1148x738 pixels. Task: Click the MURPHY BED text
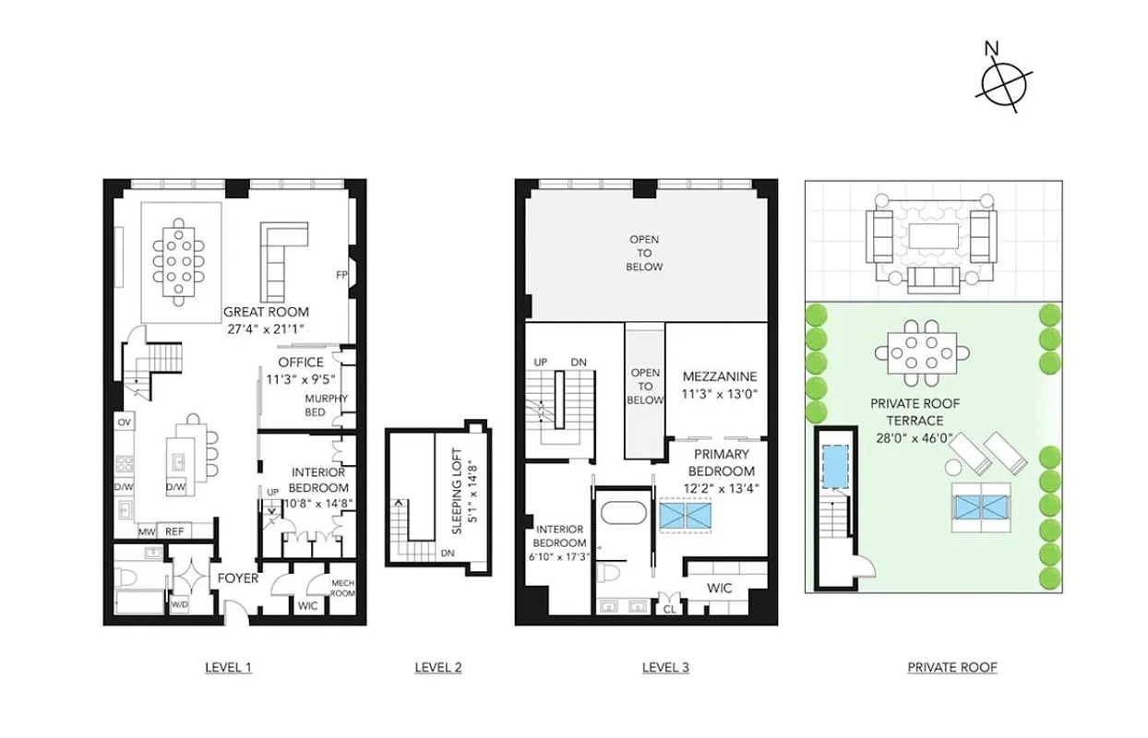(x=327, y=405)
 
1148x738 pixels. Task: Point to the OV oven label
(x=123, y=422)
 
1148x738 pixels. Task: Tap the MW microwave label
(x=146, y=531)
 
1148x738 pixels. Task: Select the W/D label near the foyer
(x=180, y=605)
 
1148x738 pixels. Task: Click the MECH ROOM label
(x=343, y=587)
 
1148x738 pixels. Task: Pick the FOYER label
(x=237, y=578)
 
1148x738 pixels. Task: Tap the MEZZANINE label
(x=720, y=376)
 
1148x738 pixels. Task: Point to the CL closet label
(x=667, y=609)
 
